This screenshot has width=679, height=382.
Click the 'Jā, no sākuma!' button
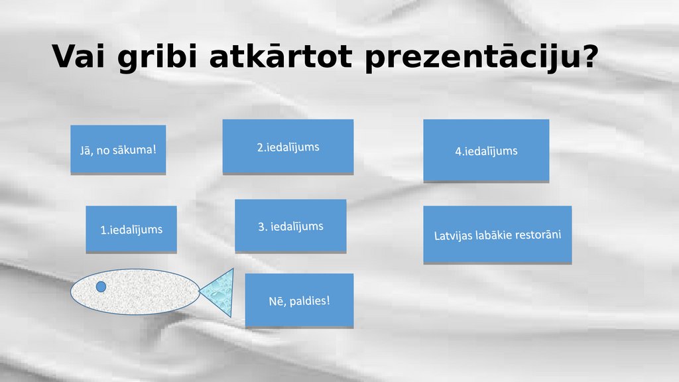(118, 150)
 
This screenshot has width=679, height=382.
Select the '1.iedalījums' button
(131, 229)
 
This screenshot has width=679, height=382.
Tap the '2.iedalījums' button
(288, 147)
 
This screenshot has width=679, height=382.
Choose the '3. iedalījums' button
(290, 225)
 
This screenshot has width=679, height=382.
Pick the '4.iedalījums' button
(486, 151)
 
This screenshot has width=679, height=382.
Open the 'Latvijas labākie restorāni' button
(497, 235)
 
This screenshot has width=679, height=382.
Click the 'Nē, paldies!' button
(299, 300)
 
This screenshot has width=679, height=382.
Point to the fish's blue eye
(101, 286)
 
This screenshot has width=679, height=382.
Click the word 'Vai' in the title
(78, 56)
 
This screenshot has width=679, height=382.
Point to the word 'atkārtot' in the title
(280, 56)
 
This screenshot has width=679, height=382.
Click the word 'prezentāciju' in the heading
(471, 58)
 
